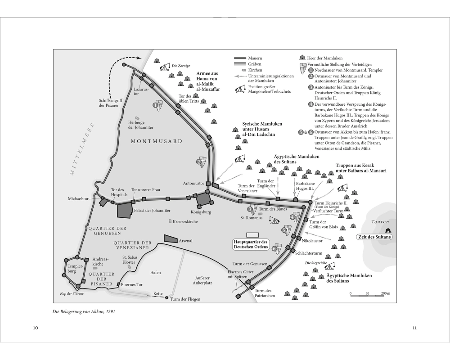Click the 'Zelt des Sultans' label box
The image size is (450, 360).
coord(374,237)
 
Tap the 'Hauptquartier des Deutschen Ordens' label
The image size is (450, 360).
coord(251,244)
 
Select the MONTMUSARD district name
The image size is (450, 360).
coord(157,141)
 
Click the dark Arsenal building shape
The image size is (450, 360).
coord(171,239)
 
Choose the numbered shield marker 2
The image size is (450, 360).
coord(202,162)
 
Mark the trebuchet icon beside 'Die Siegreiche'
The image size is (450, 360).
coord(331,266)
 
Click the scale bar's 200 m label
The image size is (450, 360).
coord(386,293)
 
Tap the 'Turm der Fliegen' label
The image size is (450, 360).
coord(185,299)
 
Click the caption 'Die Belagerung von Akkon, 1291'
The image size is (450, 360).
coord(84,311)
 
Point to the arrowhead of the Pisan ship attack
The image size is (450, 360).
coord(139,58)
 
